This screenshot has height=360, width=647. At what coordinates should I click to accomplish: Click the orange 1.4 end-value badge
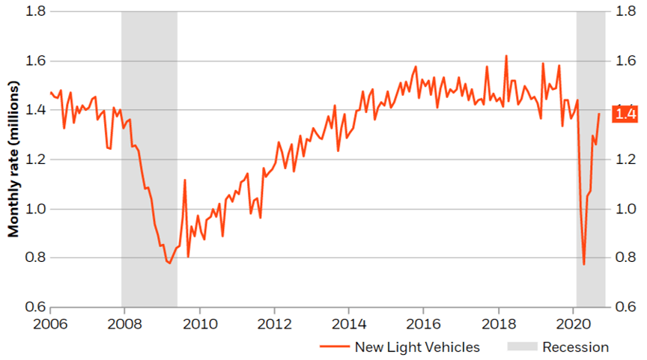625,114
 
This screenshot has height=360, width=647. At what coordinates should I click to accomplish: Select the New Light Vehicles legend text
417,347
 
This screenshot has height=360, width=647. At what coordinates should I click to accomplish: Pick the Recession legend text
575,347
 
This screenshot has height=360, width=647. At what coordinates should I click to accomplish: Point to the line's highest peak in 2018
506,55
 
